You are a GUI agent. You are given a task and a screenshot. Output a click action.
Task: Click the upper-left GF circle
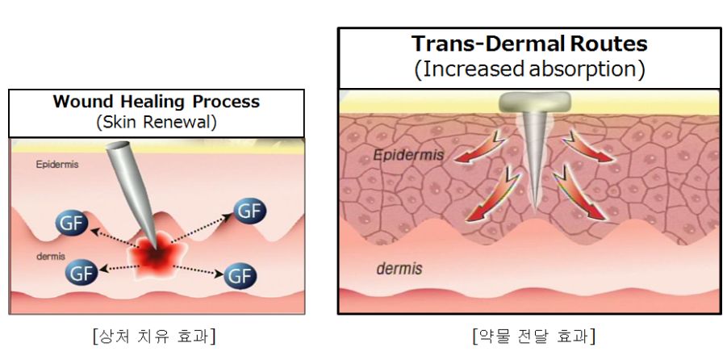[x=72, y=223]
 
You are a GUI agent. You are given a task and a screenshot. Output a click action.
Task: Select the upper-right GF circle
[x=249, y=211]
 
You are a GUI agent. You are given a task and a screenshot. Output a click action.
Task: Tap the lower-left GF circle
[x=81, y=274]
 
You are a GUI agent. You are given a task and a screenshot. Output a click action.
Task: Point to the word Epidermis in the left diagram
[x=54, y=164]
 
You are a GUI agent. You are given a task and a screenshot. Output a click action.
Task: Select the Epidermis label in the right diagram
[x=408, y=153]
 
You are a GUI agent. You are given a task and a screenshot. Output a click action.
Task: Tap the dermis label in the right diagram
[x=399, y=269]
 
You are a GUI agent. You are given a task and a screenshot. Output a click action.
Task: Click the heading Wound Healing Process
[x=156, y=103]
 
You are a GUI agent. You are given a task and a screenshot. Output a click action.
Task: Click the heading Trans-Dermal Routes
[x=529, y=44]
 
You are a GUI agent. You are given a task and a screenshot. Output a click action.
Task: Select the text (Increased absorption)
[x=529, y=69]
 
